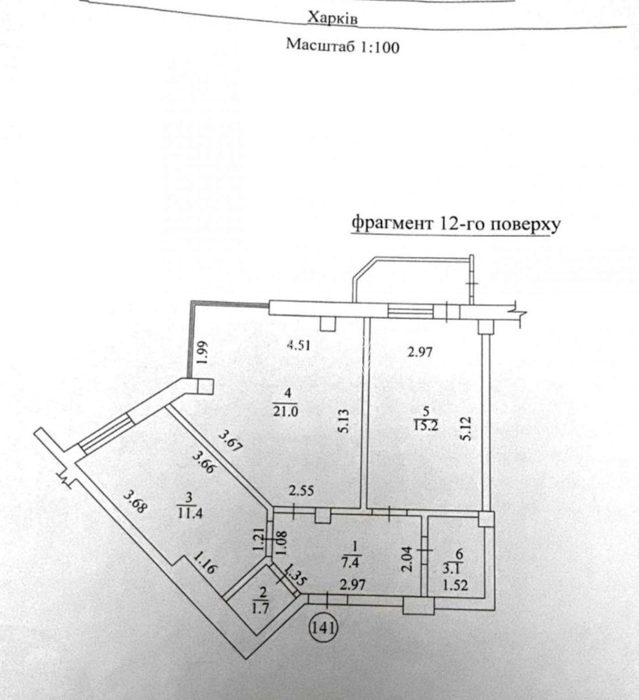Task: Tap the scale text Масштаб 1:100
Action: click(x=342, y=46)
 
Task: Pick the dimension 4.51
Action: click(x=299, y=345)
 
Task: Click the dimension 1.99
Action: click(x=203, y=352)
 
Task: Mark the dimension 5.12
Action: click(x=467, y=428)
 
